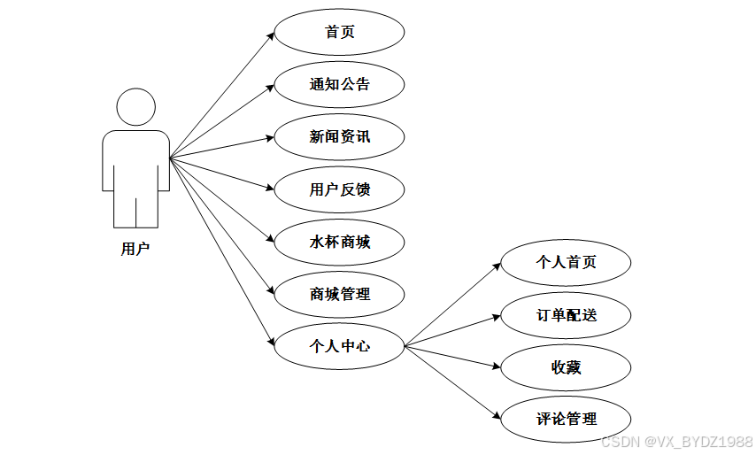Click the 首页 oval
point(340,33)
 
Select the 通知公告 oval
point(340,85)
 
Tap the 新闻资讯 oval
point(340,137)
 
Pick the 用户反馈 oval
point(340,189)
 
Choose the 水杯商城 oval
point(340,242)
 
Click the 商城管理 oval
point(340,294)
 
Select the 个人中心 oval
point(340,346)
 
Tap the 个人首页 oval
point(567,263)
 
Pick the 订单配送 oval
point(567,315)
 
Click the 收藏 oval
point(567,366)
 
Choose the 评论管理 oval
point(567,419)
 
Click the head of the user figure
point(135,108)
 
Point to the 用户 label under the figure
point(135,250)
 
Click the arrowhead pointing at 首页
point(270,35)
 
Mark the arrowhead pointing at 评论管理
point(497,414)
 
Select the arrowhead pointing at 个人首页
point(497,266)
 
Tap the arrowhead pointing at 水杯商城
point(270,239)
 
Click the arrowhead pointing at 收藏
point(496,365)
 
